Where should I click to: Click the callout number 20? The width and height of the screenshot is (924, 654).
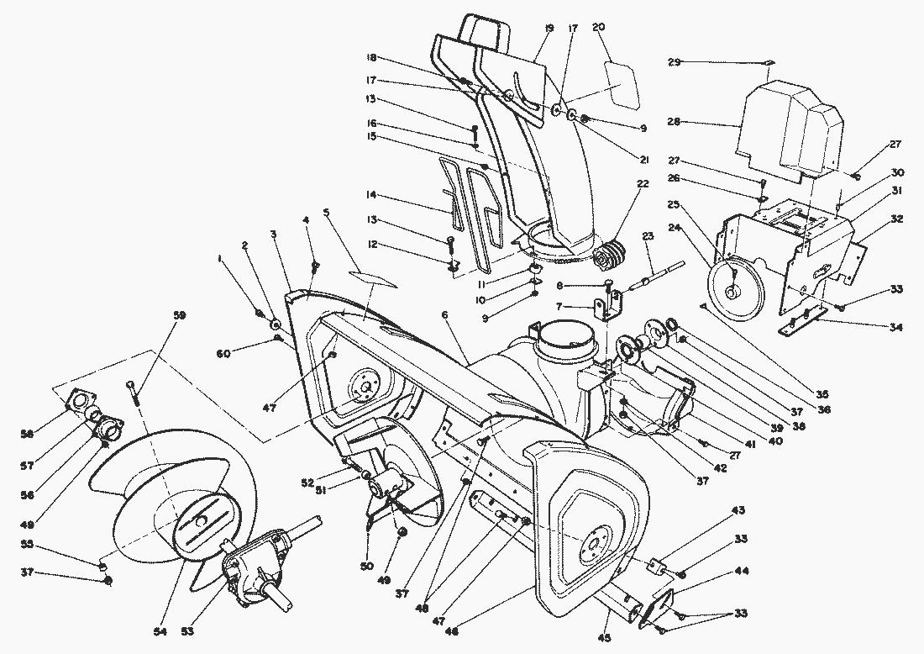pyautogui.click(x=598, y=27)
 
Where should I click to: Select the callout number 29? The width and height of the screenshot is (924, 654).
pyautogui.click(x=675, y=61)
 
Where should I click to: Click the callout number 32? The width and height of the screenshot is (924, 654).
pyautogui.click(x=896, y=218)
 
